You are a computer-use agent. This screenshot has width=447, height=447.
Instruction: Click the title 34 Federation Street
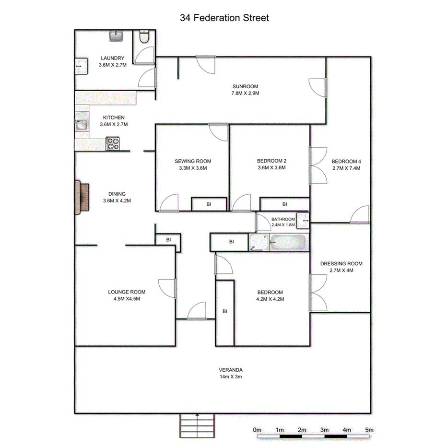(224, 18)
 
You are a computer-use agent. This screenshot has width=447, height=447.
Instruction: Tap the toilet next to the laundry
(143, 37)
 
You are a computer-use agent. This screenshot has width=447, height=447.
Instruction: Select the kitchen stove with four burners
(113, 144)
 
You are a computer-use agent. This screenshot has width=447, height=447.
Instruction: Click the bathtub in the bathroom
(288, 243)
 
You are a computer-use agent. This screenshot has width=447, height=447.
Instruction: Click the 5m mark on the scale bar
(369, 430)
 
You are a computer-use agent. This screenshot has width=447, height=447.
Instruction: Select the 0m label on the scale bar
(257, 430)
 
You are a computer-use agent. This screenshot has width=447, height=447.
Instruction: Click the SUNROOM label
(245, 87)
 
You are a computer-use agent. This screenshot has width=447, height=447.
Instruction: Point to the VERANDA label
(231, 370)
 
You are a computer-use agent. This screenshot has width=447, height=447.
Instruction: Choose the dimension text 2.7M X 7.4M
(346, 168)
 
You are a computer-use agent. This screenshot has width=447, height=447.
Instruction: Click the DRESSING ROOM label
(341, 263)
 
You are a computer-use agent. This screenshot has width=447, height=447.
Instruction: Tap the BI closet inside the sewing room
(209, 204)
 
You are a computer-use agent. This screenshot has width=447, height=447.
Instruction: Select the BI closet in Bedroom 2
(284, 204)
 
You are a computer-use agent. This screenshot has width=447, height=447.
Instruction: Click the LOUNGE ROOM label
(127, 292)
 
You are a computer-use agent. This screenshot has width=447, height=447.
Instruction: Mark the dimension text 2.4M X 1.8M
(283, 224)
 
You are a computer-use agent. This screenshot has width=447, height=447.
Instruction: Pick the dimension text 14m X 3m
(231, 376)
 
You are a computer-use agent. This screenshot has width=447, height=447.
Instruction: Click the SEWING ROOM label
(193, 161)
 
